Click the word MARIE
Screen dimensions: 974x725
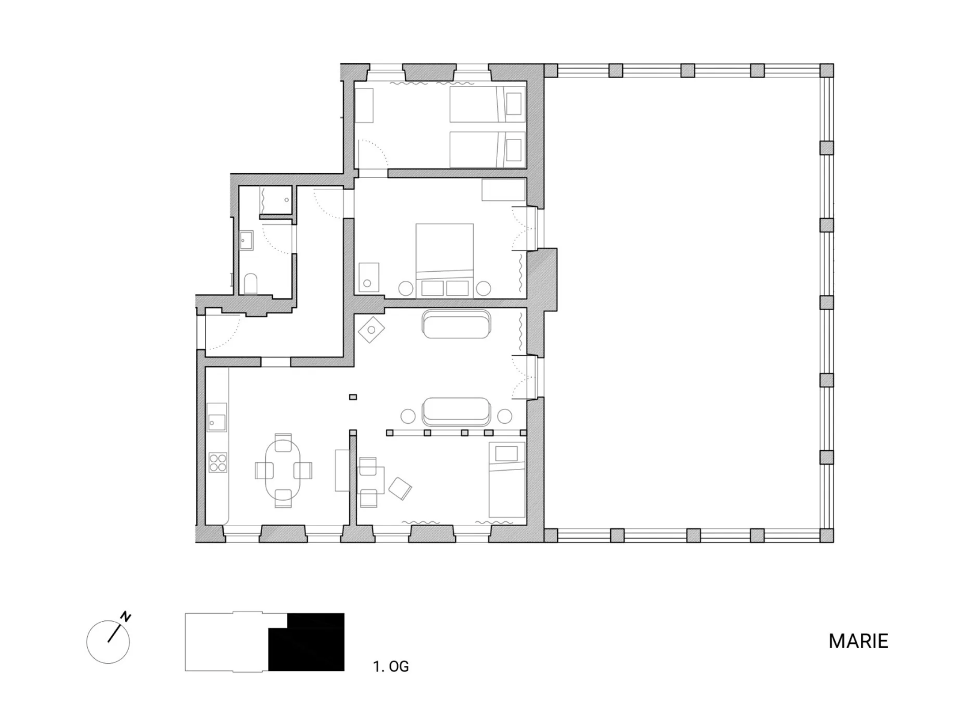coord(858,641)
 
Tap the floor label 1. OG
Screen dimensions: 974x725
coord(390,667)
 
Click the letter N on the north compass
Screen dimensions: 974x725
coord(126,617)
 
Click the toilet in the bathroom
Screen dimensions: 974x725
coord(250,283)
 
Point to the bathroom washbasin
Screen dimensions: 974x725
coord(247,240)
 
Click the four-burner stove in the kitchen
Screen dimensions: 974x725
coord(218,462)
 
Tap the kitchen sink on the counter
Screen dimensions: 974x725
coord(217,417)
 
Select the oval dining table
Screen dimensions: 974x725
coord(283,470)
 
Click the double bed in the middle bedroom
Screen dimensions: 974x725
coord(444,260)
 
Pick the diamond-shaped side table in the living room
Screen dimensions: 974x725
coord(372,329)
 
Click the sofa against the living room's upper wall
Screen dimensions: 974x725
coord(456,324)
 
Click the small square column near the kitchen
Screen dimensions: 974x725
coord(353,397)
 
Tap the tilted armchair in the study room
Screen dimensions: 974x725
coord(400,488)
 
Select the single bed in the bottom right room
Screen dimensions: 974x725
coord(507,480)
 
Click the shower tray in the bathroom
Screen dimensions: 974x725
coord(276,200)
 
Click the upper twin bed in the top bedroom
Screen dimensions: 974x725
coord(488,104)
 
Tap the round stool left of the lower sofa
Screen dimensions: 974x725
coord(408,416)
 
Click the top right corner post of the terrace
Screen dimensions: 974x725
coord(827,70)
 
